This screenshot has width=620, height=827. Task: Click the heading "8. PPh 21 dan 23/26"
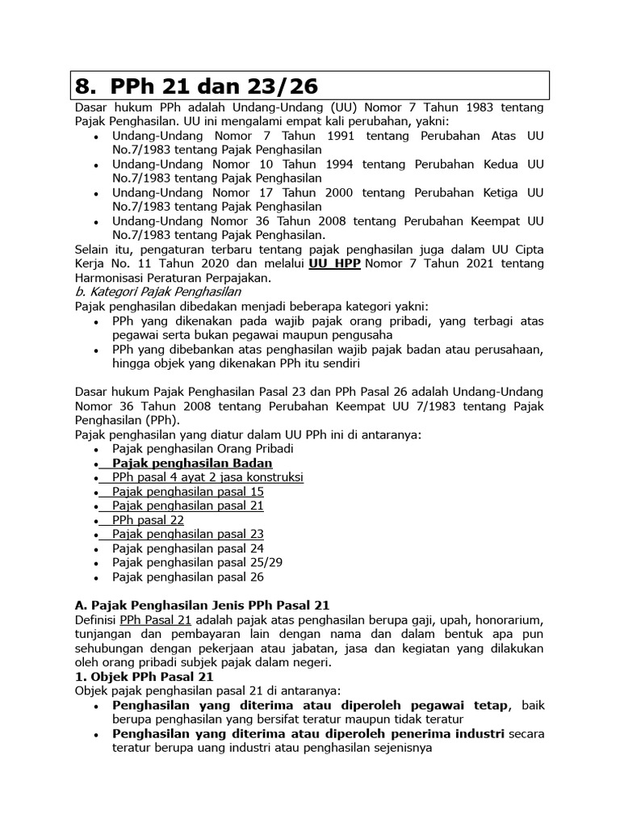pyautogui.click(x=197, y=86)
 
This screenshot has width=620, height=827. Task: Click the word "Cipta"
pyautogui.click(x=526, y=250)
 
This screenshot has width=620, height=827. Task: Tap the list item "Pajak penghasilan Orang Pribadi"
pyautogui.click(x=203, y=448)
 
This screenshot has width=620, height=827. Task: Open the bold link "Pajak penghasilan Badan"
pyautogui.click(x=192, y=463)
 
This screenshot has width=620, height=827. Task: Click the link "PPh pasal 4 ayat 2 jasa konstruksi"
pyautogui.click(x=207, y=477)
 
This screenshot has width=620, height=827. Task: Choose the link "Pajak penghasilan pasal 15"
pyautogui.click(x=188, y=491)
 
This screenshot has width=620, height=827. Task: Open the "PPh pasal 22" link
pyautogui.click(x=149, y=520)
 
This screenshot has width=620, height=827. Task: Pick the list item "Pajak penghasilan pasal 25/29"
pyautogui.click(x=197, y=563)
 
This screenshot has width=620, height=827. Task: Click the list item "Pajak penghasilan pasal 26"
pyautogui.click(x=188, y=577)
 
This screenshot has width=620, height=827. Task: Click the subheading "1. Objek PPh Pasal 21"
pyautogui.click(x=144, y=677)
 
